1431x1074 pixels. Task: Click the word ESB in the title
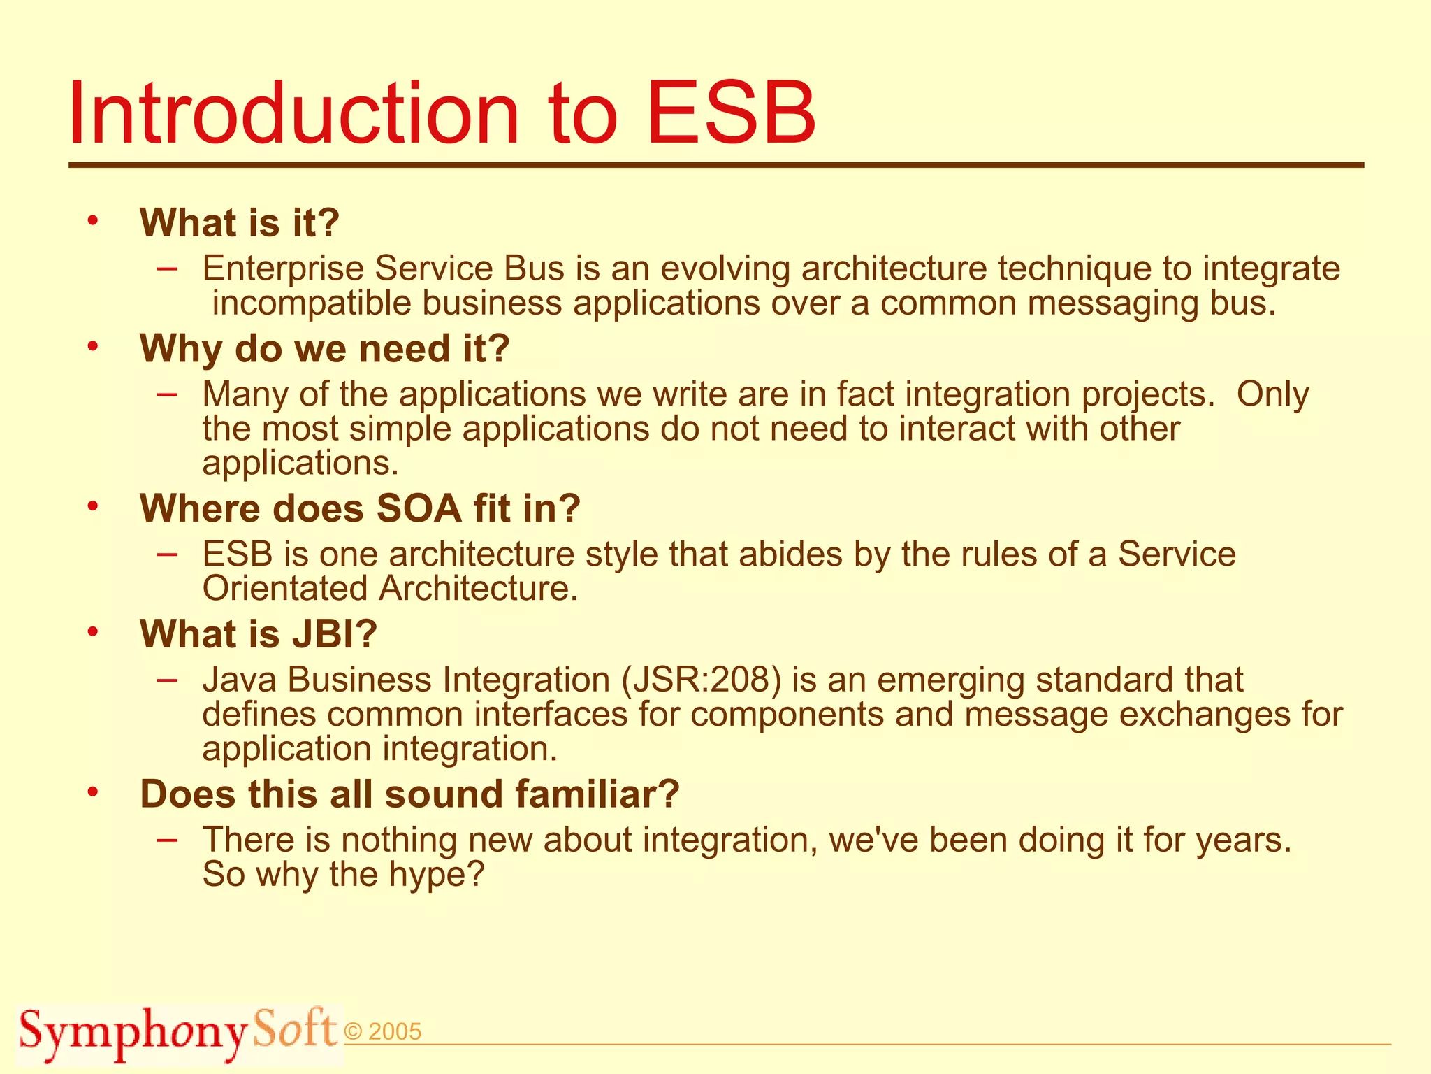[x=731, y=113]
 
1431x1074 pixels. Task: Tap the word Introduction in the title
[x=293, y=113]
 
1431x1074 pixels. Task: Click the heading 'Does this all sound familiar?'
[x=409, y=794]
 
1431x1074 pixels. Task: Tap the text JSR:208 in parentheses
[x=702, y=680]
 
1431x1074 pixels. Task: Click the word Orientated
[x=285, y=589]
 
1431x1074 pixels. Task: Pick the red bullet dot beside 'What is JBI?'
[x=93, y=632]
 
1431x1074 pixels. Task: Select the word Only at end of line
[x=1272, y=394]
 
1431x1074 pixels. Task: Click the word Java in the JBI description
[x=239, y=680]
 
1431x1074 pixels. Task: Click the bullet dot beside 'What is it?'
[x=93, y=221]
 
